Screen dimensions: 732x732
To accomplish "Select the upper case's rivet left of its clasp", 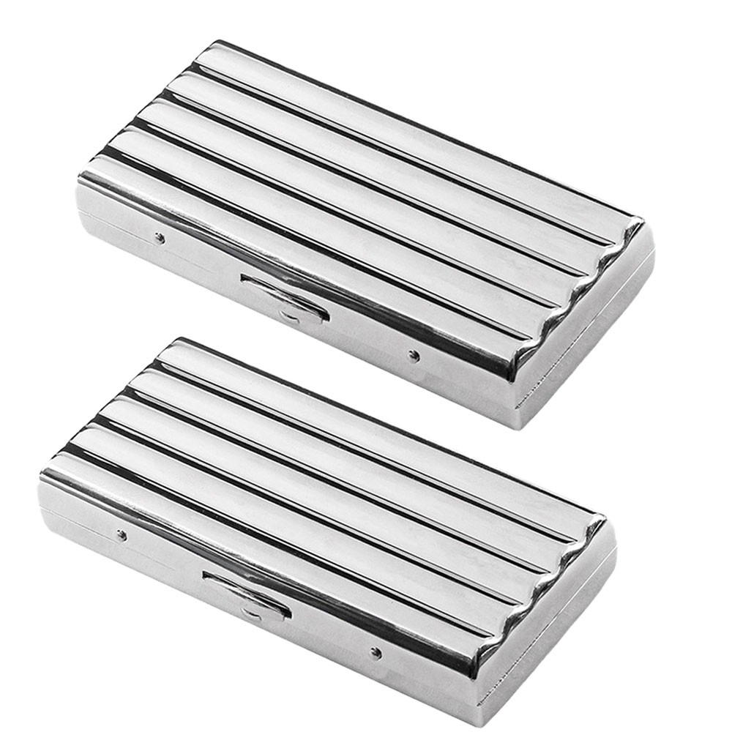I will click(160, 237).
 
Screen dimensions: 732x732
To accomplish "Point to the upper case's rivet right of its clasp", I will click(414, 356).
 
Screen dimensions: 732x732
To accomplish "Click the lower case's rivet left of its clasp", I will click(122, 535).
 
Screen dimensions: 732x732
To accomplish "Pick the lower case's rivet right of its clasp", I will click(376, 651).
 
